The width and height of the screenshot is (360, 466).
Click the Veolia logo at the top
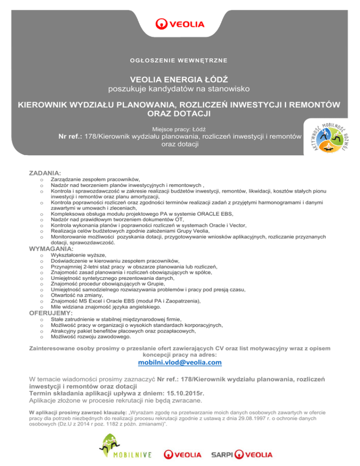coord(180,23)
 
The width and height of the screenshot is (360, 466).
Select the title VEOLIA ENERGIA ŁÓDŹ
coord(180,79)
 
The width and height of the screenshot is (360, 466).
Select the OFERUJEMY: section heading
coord(51,312)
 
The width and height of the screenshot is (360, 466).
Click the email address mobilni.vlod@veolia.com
coord(180,362)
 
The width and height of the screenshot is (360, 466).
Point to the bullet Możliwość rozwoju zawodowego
coord(90,336)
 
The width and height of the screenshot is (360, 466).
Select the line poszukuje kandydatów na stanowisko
coord(180,89)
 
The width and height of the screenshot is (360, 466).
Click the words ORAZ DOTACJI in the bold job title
coord(180,113)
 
